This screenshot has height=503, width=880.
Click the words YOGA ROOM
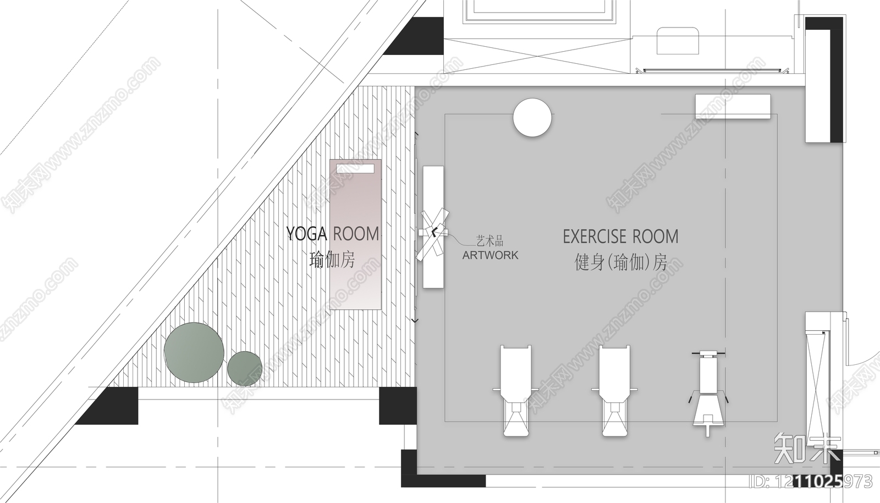pyautogui.click(x=332, y=234)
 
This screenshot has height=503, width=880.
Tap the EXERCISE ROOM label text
pyautogui.click(x=621, y=237)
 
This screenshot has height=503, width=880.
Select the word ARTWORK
pyautogui.click(x=490, y=255)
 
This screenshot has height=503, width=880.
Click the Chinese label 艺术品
pyautogui.click(x=490, y=240)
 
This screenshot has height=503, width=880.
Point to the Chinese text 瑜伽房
pyautogui.click(x=332, y=260)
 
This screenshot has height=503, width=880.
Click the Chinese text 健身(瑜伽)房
pyautogui.click(x=621, y=262)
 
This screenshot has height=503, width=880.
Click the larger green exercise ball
pyautogui.click(x=194, y=353)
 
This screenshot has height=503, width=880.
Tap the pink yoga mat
pyautogui.click(x=355, y=234)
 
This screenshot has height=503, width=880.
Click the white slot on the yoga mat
pyautogui.click(x=355, y=169)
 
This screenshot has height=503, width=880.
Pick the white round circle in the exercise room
pyautogui.click(x=532, y=118)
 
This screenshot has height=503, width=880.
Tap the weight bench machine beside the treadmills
pyautogui.click(x=708, y=393)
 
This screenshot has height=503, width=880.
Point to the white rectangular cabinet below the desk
pyautogui.click(x=733, y=106)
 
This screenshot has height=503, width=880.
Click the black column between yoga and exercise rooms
pyautogui.click(x=398, y=406)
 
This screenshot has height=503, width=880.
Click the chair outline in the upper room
pyautogui.click(x=678, y=41)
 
